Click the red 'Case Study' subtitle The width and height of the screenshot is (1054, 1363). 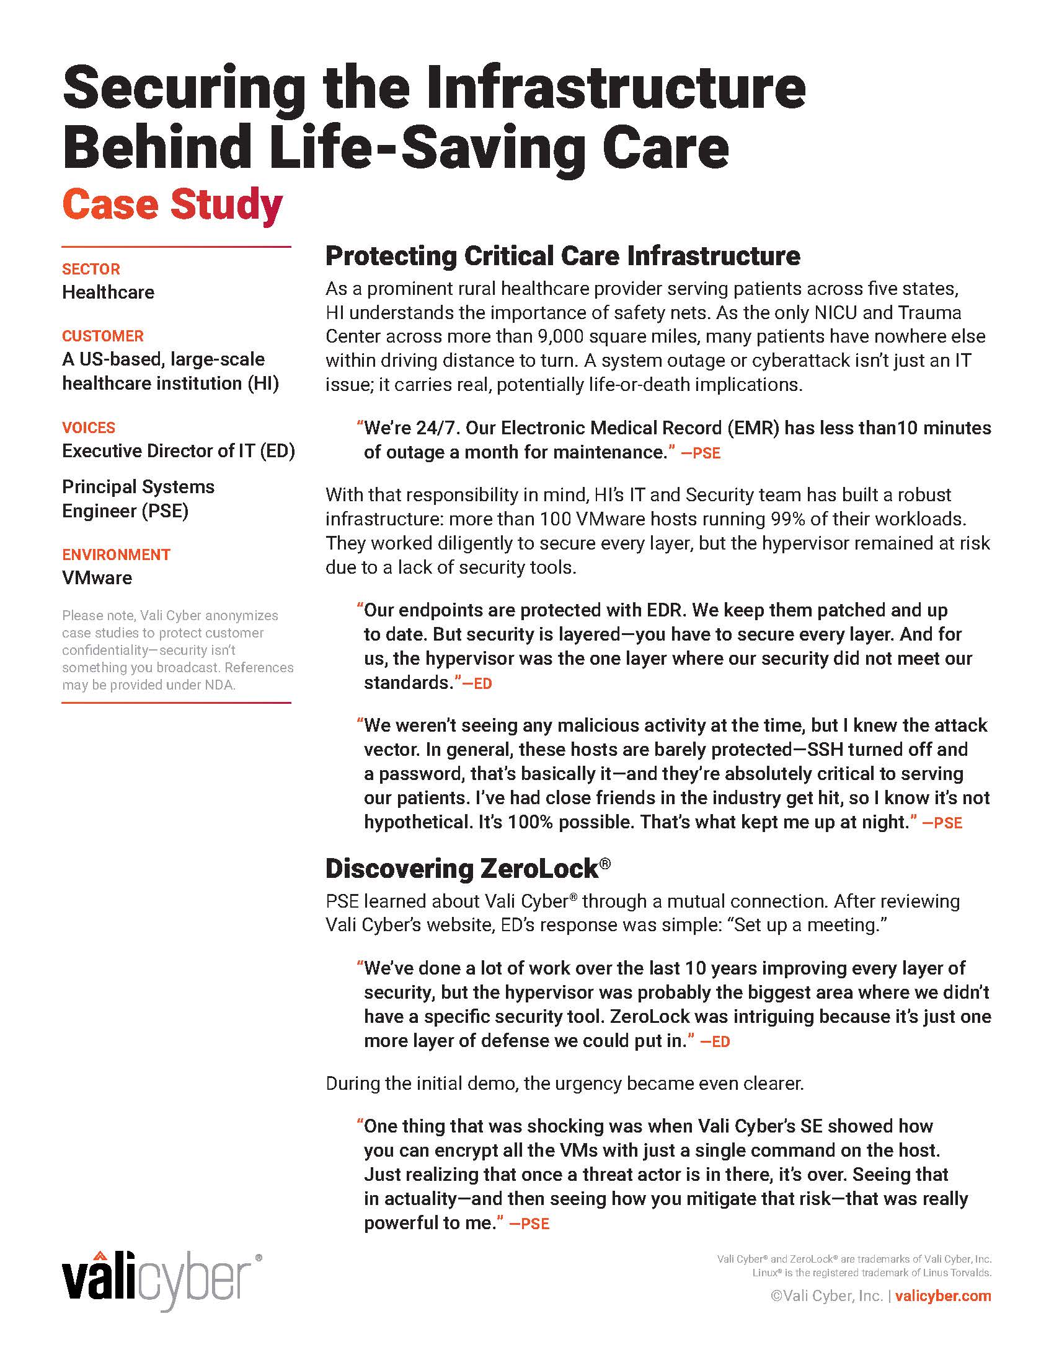pyautogui.click(x=172, y=204)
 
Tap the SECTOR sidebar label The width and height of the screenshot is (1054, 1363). pyautogui.click(x=91, y=269)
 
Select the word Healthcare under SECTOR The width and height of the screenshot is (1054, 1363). pyautogui.click(x=108, y=292)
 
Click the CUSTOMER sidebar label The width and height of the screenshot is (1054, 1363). pyautogui.click(x=102, y=336)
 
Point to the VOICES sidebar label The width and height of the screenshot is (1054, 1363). pyautogui.click(x=88, y=427)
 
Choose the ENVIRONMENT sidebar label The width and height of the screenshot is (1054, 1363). pyautogui.click(x=116, y=554)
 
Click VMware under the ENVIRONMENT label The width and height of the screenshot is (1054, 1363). pyautogui.click(x=97, y=577)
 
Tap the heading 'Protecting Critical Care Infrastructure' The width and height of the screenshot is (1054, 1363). pyautogui.click(x=562, y=256)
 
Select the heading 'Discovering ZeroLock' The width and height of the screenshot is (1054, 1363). pyautogui.click(x=462, y=868)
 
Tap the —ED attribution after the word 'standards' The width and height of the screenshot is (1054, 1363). pyautogui.click(x=476, y=683)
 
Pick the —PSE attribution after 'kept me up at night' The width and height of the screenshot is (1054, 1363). pyautogui.click(x=942, y=823)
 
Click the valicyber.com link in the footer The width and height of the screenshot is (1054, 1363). pyautogui.click(x=943, y=1295)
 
